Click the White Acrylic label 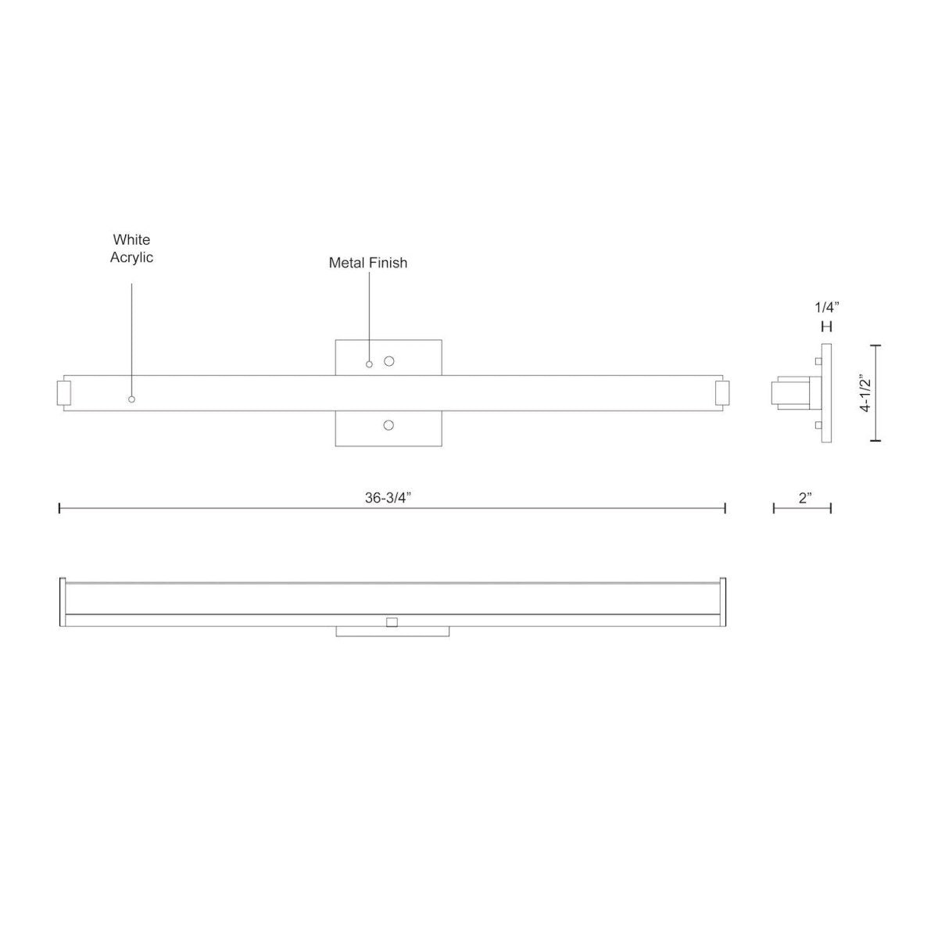click(131, 249)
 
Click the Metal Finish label click(367, 263)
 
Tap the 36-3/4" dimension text click(388, 499)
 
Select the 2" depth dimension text click(806, 498)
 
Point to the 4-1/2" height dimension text click(865, 394)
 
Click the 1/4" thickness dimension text click(826, 307)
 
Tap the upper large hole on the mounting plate click(388, 361)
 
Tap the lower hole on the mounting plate click(388, 425)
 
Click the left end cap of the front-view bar click(64, 393)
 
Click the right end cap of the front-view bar click(722, 393)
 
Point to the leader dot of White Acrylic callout click(131, 399)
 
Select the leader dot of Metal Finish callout click(370, 364)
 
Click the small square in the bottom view click(392, 622)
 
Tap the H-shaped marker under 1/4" click(826, 327)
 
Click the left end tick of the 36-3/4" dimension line click(60, 509)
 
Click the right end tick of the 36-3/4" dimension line click(725, 509)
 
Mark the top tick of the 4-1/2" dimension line click(875, 345)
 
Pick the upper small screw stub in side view click(818, 361)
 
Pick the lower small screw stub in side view click(818, 425)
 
